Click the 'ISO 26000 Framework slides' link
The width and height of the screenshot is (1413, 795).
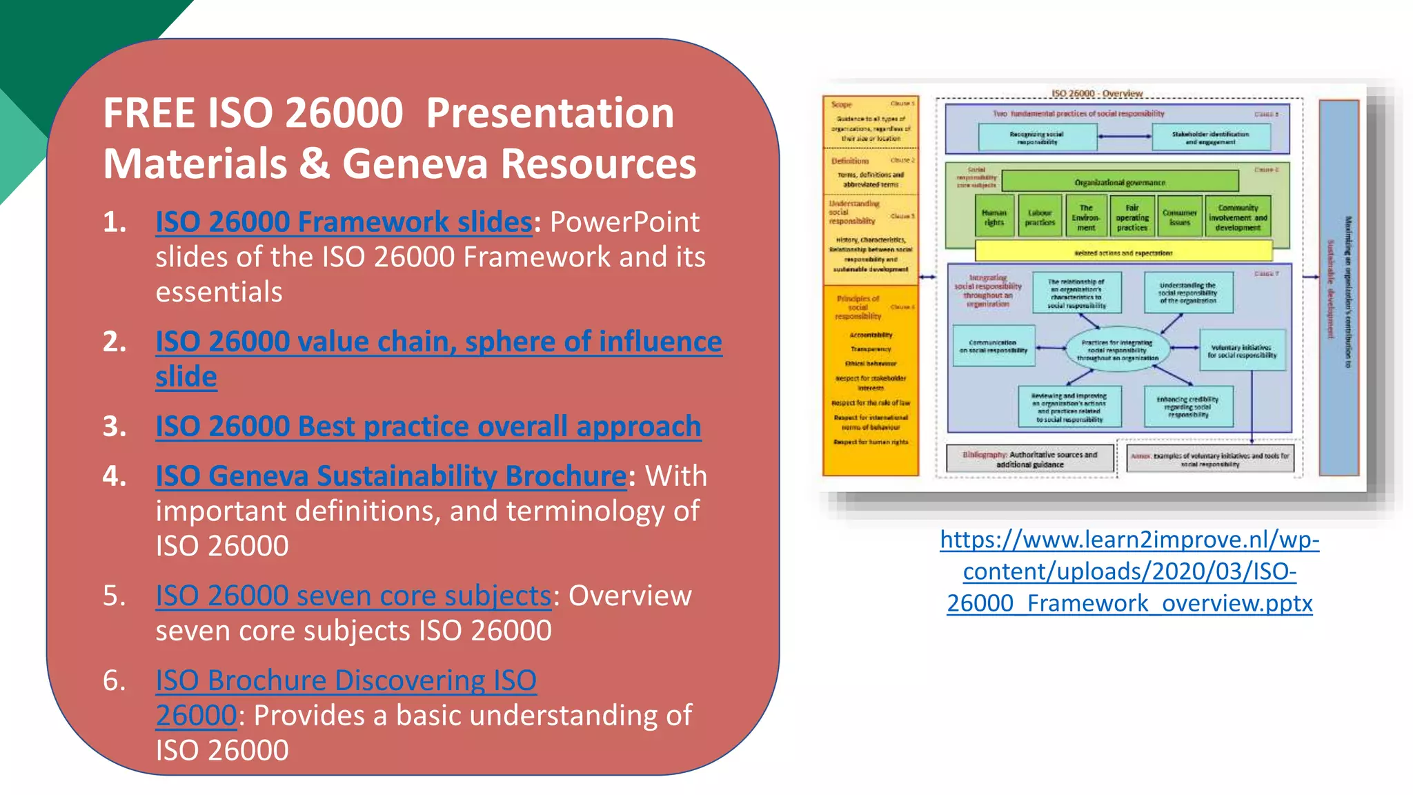coord(344,222)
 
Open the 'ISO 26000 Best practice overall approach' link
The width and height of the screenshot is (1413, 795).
coord(428,426)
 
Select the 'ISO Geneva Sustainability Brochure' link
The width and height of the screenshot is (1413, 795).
coord(391,476)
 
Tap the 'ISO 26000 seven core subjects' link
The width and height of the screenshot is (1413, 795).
coord(353,596)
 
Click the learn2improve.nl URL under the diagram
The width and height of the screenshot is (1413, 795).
coord(1129,571)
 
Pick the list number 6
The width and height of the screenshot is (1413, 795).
coord(114,681)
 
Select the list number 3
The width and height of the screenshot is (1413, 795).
coord(114,427)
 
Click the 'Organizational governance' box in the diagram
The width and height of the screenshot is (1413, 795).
coord(1119,182)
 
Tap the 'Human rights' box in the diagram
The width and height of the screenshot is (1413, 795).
coord(994,217)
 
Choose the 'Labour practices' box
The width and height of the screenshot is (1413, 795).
coord(1040,217)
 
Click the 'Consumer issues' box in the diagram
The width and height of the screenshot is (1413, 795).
coord(1179,217)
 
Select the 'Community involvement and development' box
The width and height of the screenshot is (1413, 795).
coord(1238,217)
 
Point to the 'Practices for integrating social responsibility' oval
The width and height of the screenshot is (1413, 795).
coord(1118,350)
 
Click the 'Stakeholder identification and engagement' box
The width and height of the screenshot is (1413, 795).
coord(1210,137)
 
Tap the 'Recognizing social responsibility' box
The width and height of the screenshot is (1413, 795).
coord(1037,137)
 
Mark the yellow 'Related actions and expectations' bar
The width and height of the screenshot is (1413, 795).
coord(1123,253)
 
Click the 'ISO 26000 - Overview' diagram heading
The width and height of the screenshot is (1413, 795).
coord(1096,93)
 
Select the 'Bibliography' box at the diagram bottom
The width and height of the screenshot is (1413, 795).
coord(1030,459)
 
